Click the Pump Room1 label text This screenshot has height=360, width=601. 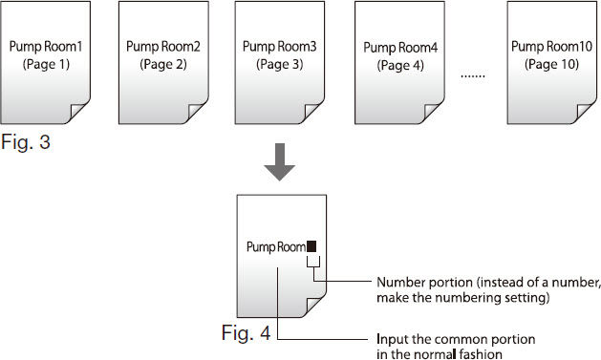[46, 46]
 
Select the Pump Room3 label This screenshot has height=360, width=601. [279, 46]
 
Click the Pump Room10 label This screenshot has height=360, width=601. [549, 46]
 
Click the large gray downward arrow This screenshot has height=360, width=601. [279, 163]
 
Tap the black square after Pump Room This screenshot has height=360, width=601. [311, 246]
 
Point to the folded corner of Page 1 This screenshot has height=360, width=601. [78, 113]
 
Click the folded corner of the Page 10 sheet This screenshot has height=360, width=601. [581, 113]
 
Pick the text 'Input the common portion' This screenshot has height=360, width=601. [456, 339]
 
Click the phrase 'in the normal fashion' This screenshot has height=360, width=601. [435, 354]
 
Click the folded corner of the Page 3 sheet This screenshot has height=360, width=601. [311, 113]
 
